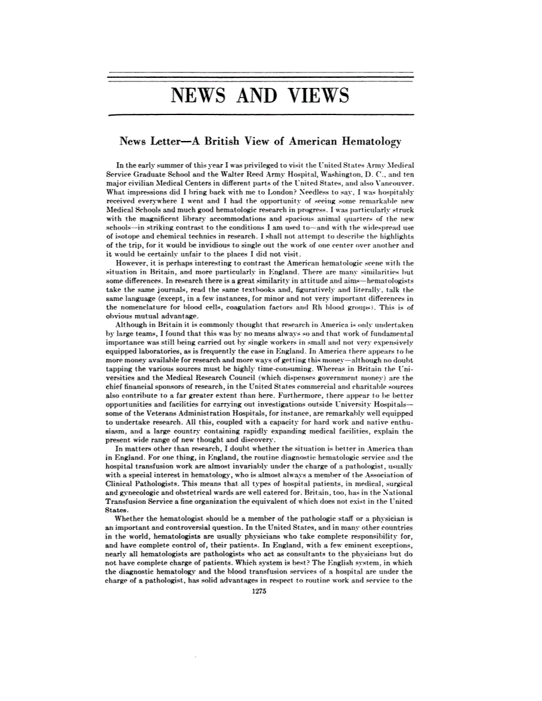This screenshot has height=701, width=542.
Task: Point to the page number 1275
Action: point(260,595)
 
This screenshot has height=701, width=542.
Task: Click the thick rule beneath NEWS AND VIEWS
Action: point(260,114)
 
